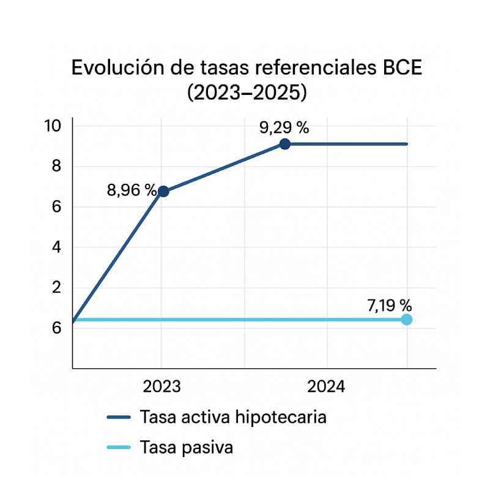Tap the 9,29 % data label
coord(284,128)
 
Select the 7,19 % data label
coord(389,304)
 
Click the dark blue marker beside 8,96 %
coord(163,191)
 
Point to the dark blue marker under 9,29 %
coord(284,145)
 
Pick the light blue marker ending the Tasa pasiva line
coord(407,319)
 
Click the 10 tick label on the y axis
coord(53,126)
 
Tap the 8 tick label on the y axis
coord(57,167)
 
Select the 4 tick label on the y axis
coord(57,247)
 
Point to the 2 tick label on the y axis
coord(57,288)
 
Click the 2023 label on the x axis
coord(161,387)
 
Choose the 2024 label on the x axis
coord(326,387)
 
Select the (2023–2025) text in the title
coord(247,93)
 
